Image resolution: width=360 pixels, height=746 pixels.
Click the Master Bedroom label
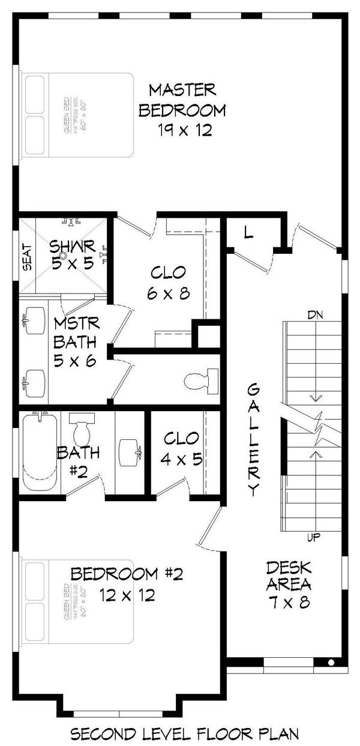182,100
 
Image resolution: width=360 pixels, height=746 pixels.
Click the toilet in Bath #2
80,429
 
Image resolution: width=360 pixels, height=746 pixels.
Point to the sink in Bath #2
130,451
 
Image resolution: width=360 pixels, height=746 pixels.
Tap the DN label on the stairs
315,314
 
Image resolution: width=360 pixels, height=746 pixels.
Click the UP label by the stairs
313,538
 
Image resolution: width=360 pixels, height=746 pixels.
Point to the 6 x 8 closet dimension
160,294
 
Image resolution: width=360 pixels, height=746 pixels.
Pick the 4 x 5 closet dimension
181,459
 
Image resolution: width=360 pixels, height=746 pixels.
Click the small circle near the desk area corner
331,662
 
